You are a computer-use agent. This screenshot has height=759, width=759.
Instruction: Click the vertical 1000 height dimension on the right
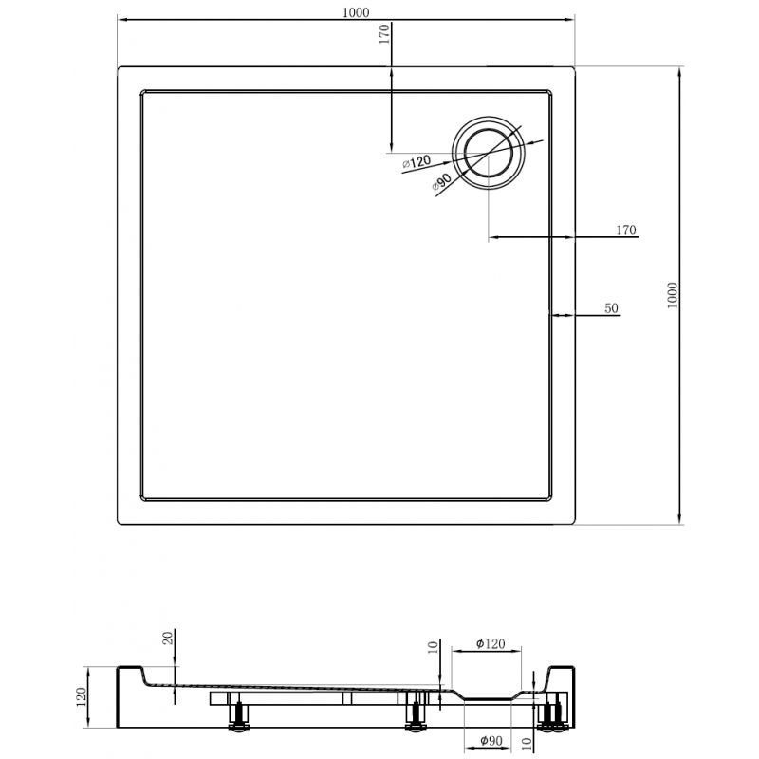tap(673, 295)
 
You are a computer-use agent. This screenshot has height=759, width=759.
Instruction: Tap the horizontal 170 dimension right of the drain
tap(625, 231)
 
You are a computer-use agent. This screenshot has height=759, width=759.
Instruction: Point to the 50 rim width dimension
tap(611, 307)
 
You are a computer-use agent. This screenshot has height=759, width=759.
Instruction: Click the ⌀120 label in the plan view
tap(417, 163)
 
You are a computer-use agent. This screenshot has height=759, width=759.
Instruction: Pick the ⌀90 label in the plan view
tap(441, 182)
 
